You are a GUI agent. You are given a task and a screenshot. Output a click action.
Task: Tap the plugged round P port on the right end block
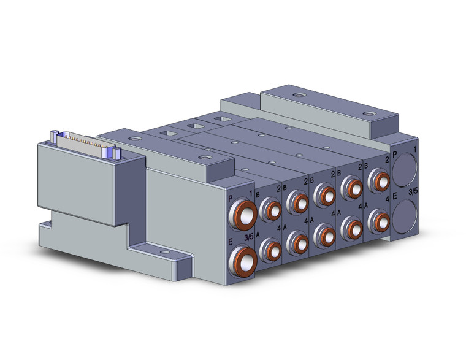tap(404, 168)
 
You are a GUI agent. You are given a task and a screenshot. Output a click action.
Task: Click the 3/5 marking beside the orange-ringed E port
tap(249, 237)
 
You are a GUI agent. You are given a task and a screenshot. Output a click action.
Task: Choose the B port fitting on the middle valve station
tap(324, 194)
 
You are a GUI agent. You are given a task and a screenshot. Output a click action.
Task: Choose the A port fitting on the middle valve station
tap(324, 232)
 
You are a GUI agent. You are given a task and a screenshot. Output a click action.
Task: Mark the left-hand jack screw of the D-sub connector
tap(55, 134)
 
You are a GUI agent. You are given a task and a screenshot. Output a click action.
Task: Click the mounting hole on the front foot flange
tap(163, 252)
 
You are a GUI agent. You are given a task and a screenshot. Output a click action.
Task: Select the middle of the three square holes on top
tap(194, 125)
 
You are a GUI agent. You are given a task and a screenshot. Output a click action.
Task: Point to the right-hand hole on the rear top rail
tap(368, 113)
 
